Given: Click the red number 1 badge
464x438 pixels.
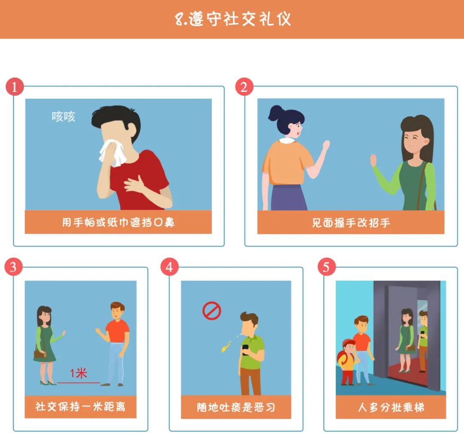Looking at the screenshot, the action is point(15,87).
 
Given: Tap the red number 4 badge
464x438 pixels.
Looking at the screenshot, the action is point(170,267).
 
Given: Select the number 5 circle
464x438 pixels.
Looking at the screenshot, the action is point(327,267).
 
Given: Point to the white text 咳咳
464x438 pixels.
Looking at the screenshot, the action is point(63,116).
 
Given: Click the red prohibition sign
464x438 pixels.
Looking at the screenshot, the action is point(211,311).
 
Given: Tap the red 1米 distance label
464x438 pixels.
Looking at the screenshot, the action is point(79,373).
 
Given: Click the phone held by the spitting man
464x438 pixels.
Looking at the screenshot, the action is point(246,349).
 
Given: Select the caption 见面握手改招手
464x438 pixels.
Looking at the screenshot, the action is point(351,223).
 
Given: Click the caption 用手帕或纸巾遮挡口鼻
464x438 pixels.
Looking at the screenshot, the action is point(119,222).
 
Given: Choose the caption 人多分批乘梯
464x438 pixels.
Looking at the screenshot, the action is point(391,407).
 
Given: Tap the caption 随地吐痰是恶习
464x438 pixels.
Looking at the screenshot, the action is point(236,407).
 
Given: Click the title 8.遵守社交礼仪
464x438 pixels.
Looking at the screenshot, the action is point(233,19).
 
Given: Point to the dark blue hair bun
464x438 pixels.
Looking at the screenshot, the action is point(275,113).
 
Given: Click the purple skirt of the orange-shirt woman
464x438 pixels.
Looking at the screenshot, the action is point(288,197).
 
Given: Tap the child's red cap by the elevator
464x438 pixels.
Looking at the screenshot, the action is point(349,344).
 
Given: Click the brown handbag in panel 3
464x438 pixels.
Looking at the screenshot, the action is point(40,354).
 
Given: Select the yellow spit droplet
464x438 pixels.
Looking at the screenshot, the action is point(226,346).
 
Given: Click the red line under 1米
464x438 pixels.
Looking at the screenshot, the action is point(79,383).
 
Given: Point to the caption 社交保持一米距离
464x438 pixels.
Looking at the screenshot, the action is point(80,407).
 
